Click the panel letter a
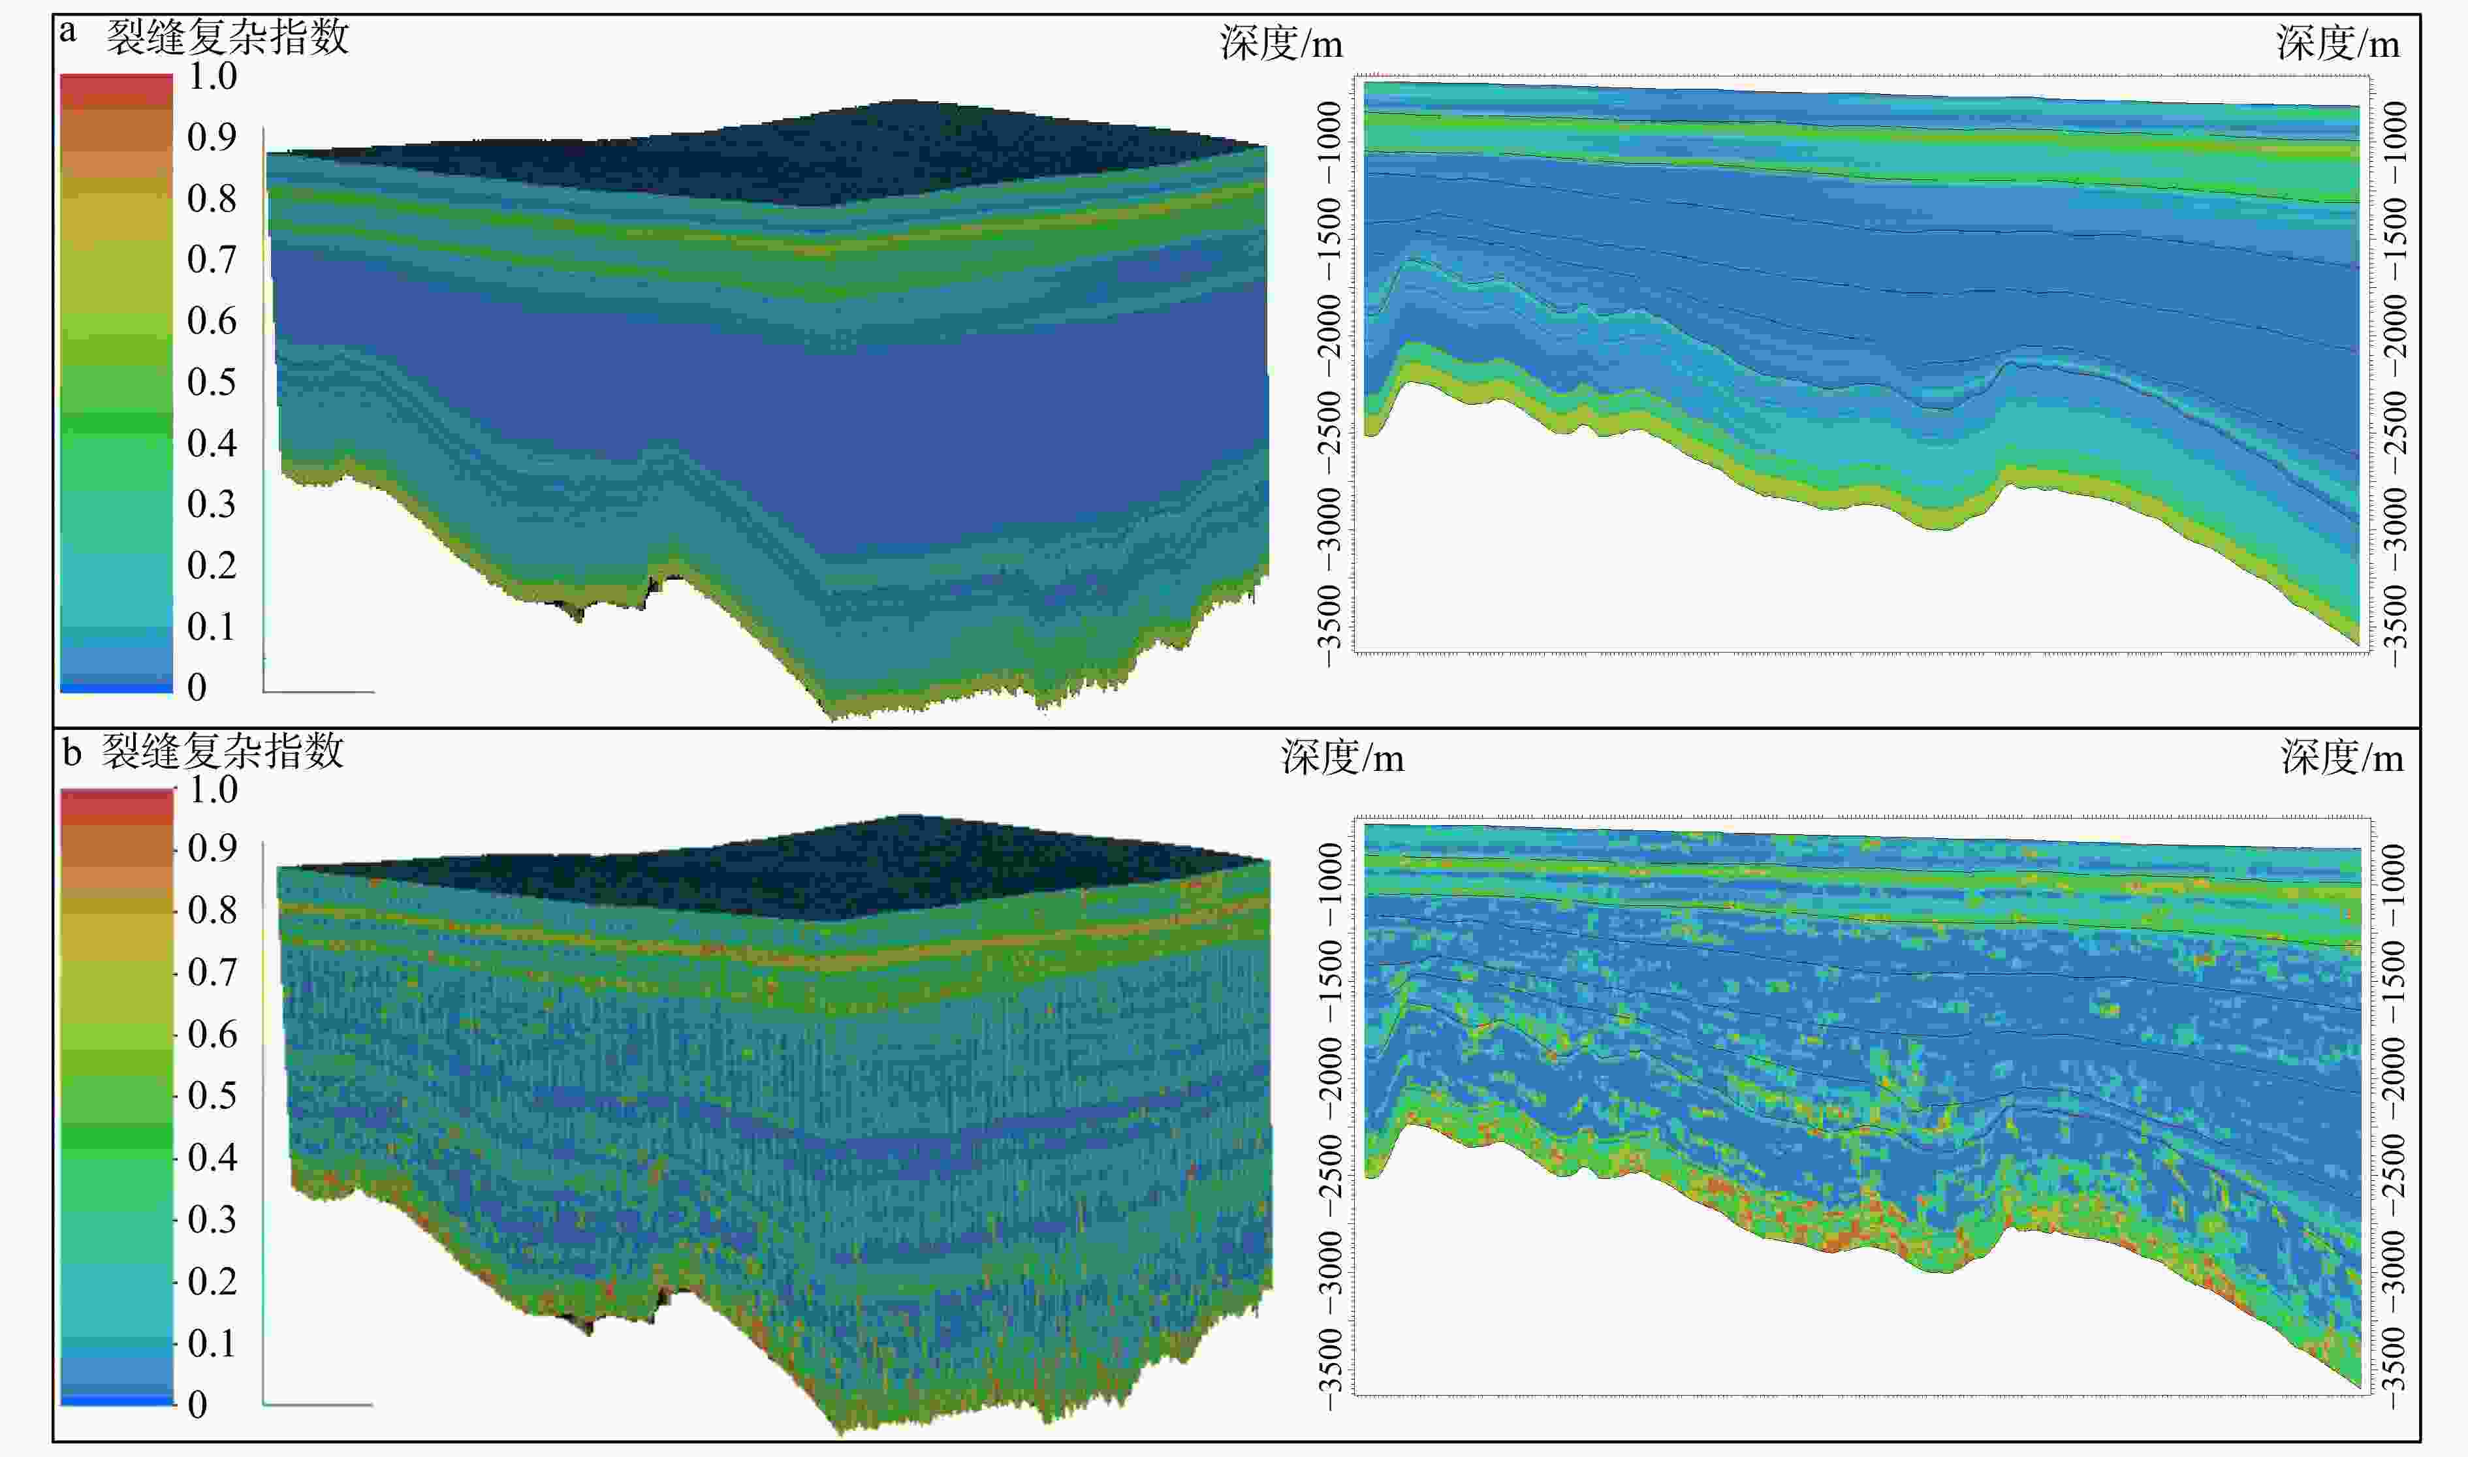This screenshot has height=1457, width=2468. point(68,33)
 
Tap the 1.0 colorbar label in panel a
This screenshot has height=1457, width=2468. point(212,76)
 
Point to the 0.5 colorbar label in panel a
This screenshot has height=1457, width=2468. point(212,382)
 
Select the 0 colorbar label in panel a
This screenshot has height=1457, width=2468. point(197,687)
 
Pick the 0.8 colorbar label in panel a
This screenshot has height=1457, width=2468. point(212,199)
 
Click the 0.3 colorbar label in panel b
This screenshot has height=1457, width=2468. point(212,1219)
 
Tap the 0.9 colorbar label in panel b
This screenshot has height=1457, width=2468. point(212,848)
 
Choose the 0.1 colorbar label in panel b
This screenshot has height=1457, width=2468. point(212,1343)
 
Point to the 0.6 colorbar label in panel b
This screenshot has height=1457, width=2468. point(212,1034)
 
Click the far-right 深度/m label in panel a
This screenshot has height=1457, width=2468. point(2337,44)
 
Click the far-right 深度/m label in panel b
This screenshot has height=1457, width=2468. point(2341,759)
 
